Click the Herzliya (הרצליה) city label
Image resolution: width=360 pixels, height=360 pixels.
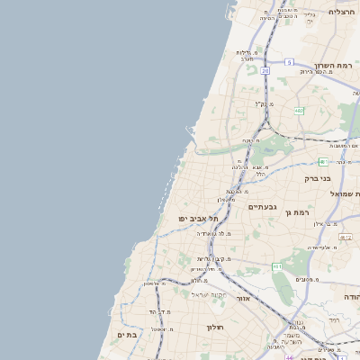(341, 12)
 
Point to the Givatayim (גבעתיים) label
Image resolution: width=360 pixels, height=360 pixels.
(264, 207)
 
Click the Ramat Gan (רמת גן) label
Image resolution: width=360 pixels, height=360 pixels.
(296, 212)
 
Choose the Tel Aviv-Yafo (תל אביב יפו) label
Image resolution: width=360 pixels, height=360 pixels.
(194, 219)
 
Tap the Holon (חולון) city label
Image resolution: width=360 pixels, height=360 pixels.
(214, 327)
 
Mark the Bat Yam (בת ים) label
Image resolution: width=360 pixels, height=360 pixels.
(126, 335)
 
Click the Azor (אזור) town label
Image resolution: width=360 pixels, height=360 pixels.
(242, 297)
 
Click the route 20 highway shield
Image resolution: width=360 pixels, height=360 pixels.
(265, 69)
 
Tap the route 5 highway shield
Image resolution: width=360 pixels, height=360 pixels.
(289, 61)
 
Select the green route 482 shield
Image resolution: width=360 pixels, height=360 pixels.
(298, 110)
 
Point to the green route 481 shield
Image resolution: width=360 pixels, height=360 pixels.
(322, 162)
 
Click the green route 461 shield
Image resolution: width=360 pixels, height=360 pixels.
(277, 266)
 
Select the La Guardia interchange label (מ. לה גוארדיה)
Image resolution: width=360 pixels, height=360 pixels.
(209, 233)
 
